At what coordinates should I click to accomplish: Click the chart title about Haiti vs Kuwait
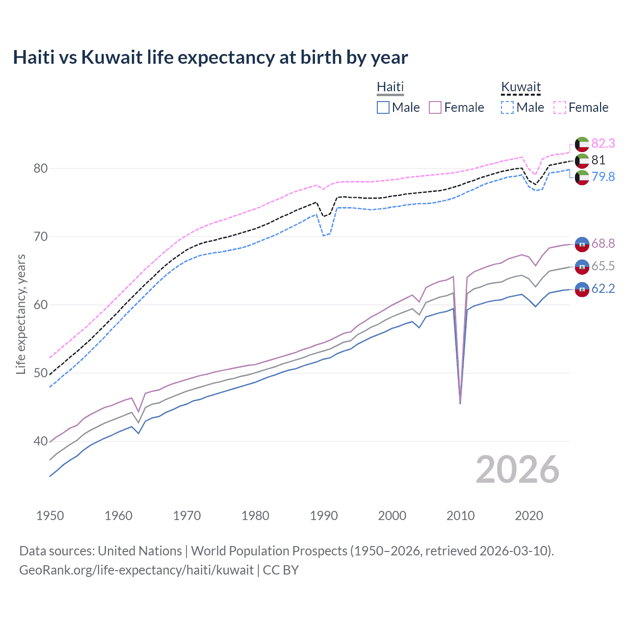[x=210, y=57]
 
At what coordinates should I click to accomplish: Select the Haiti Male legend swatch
[x=383, y=107]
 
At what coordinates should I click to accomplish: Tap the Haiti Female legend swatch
[x=435, y=107]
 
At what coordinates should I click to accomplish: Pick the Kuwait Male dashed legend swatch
[x=507, y=107]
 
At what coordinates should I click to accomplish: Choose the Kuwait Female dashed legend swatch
[x=560, y=107]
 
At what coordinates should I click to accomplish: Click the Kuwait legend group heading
[x=521, y=87]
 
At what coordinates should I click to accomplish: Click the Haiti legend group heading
[x=390, y=87]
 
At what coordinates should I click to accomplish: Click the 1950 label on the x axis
[x=50, y=516]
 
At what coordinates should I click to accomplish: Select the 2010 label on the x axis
[x=460, y=516]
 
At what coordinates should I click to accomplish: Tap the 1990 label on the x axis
[x=324, y=516]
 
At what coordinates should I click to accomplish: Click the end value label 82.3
[x=603, y=143]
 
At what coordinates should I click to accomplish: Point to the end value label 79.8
[x=603, y=177]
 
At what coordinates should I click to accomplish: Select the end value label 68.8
[x=603, y=243]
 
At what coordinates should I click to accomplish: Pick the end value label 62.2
[x=603, y=288]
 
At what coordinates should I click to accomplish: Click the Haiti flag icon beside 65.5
[x=582, y=266]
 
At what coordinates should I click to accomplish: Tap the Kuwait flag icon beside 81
[x=582, y=160]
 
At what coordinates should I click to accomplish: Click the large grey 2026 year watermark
[x=517, y=470]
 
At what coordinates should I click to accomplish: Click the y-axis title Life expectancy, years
[x=21, y=314]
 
